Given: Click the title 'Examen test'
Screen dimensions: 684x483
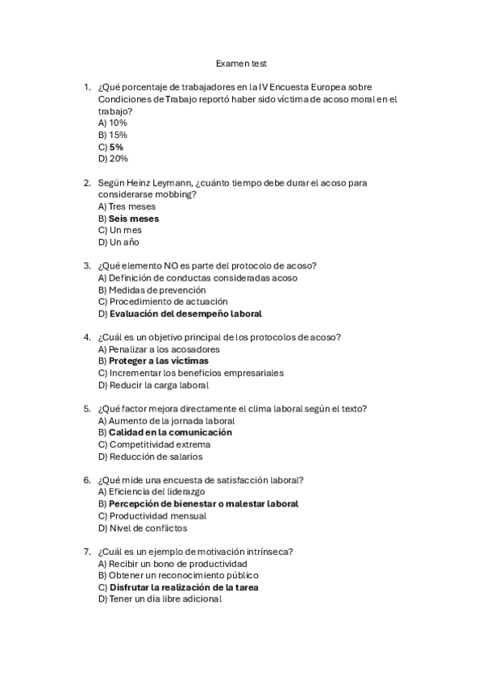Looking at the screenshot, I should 241,63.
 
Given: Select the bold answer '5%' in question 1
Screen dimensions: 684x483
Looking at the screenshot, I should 116,147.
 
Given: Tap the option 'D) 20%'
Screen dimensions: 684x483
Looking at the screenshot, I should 113,159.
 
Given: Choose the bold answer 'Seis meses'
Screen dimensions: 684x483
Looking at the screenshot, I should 134,219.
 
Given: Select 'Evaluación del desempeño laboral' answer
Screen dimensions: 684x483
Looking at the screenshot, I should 185,313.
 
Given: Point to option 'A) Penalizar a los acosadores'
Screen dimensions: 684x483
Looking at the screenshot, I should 158,349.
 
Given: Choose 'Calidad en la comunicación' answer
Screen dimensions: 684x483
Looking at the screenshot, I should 170,432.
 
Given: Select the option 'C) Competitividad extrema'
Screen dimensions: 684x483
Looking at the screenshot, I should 154,444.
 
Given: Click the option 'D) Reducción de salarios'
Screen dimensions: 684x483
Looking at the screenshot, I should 150,457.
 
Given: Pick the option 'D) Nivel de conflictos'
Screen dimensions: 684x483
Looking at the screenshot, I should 142,528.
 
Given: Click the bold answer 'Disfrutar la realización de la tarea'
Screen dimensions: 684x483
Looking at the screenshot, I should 184,587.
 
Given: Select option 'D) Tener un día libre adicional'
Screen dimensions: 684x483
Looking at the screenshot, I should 160,599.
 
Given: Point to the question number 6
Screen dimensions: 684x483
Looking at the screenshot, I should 86,480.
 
